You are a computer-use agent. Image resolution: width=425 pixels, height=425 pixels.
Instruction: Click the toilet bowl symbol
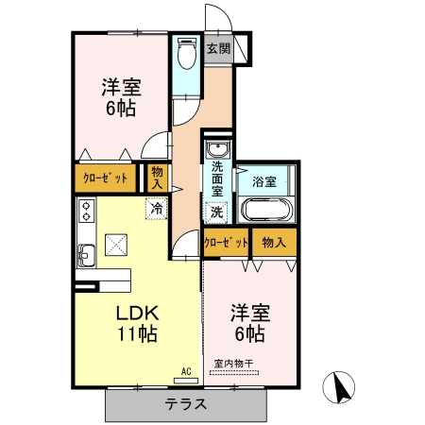(187, 53)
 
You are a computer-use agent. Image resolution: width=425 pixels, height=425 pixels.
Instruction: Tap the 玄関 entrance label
(218, 49)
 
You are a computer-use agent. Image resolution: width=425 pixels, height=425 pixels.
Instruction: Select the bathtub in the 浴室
(266, 210)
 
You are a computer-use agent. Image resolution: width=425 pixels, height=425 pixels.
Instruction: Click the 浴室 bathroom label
(264, 181)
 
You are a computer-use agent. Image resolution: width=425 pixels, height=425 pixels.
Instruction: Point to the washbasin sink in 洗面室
(217, 149)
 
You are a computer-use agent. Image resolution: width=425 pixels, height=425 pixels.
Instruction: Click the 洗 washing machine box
(216, 212)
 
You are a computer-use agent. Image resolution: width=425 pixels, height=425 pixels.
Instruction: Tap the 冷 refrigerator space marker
(157, 209)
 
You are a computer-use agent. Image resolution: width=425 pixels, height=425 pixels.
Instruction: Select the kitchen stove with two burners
(86, 211)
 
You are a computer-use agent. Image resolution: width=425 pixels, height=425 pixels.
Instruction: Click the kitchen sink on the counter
(86, 255)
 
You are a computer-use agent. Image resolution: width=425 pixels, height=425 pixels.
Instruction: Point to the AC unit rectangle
(186, 381)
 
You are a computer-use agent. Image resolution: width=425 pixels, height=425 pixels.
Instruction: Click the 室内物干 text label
(233, 364)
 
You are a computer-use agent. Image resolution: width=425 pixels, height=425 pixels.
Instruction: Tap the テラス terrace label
(186, 404)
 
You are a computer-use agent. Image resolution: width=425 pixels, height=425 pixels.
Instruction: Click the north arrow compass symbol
(339, 387)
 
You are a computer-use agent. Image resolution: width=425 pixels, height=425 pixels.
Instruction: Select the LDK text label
(137, 314)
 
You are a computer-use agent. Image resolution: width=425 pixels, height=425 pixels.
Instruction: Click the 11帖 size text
(137, 333)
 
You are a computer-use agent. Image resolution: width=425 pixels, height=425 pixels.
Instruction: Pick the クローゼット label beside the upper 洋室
(106, 178)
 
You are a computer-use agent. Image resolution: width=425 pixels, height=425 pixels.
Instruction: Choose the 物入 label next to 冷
(157, 178)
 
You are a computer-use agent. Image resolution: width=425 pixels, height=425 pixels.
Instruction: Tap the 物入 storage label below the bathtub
(274, 243)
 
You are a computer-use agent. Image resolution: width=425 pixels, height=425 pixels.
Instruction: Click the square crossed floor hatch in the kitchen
(116, 245)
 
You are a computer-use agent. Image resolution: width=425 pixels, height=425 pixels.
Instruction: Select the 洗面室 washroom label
(217, 178)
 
